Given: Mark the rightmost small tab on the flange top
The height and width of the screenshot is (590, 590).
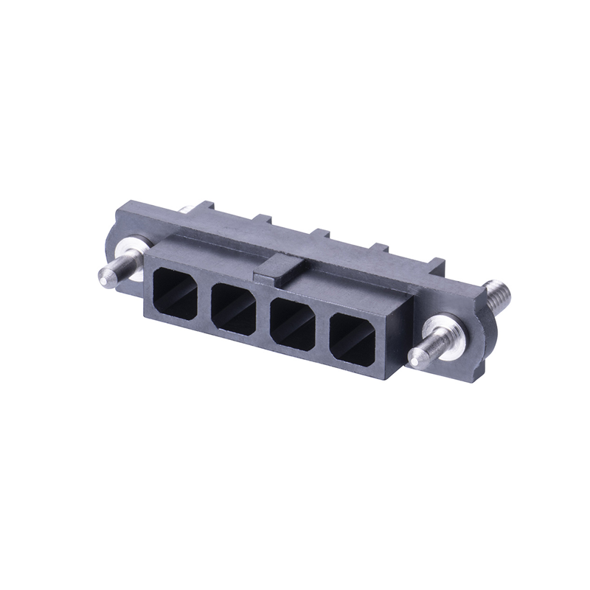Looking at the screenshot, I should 437,263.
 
